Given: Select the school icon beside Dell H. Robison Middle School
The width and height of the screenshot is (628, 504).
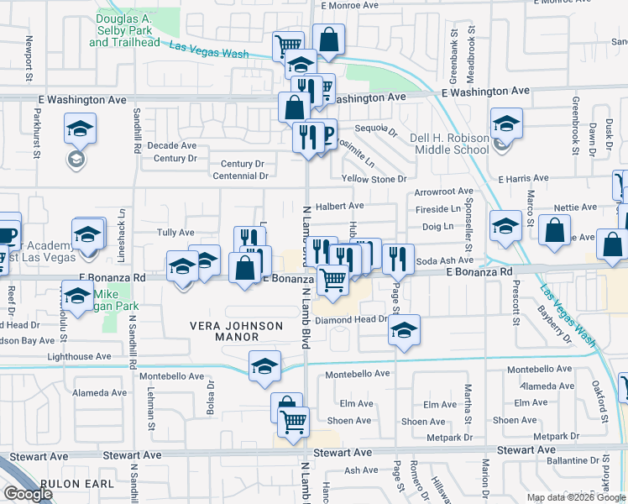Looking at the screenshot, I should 506,124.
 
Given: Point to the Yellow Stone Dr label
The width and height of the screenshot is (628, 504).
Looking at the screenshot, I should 374,179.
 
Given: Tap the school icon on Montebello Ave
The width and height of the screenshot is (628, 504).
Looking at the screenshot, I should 264,366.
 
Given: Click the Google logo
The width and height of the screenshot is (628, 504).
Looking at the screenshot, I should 28,493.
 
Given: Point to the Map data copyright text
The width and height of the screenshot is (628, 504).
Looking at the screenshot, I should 576,497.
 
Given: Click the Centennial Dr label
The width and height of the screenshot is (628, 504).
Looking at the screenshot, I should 241,176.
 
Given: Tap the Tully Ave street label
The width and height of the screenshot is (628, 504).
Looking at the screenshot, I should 175,233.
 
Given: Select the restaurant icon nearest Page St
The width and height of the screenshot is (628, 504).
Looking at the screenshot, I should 398,258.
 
